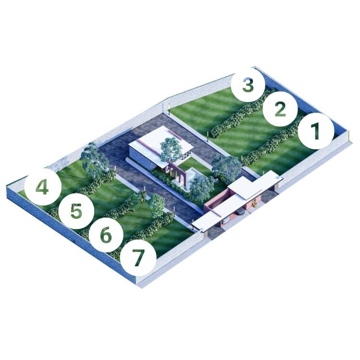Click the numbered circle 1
tap(316, 131)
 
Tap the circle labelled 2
tap(280, 109)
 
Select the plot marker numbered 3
tap(248, 84)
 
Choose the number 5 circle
tap(76, 211)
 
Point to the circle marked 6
tap(106, 235)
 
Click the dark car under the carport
tap(240, 212)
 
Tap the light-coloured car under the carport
tap(225, 220)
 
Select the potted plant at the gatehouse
tap(254, 203)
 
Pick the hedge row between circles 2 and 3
tap(243, 113)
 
